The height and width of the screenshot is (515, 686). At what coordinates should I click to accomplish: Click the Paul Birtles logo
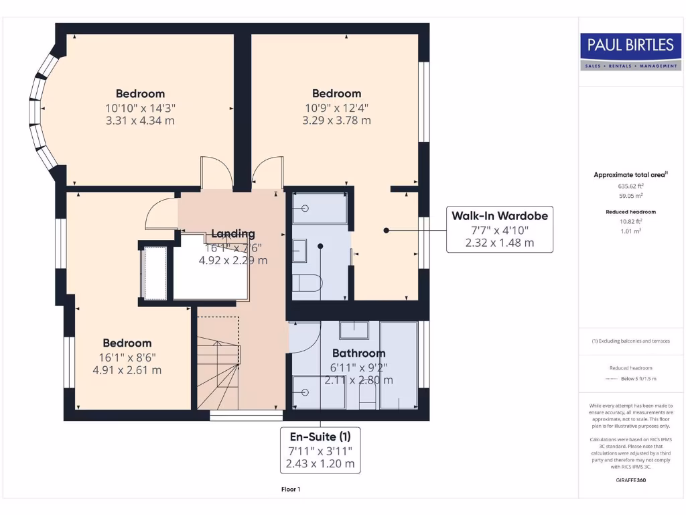click(630, 51)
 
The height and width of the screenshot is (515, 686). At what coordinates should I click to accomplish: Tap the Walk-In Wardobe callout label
click(500, 229)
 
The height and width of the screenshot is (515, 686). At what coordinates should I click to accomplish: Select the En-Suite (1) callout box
click(320, 450)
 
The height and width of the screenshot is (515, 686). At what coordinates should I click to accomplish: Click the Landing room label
click(233, 233)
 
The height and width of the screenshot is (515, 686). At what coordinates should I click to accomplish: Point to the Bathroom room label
click(359, 353)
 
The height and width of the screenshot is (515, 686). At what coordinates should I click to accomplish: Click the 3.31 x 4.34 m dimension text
click(140, 121)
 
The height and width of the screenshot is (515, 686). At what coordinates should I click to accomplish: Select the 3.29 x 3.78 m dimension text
click(336, 121)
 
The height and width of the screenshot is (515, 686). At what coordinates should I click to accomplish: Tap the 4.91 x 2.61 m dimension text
click(127, 370)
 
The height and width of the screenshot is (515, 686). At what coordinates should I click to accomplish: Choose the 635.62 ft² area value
click(630, 186)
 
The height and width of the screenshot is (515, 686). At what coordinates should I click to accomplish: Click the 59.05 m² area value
click(630, 196)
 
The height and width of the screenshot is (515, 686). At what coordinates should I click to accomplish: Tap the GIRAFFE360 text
click(630, 480)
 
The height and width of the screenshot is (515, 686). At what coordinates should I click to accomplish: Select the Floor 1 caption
click(291, 490)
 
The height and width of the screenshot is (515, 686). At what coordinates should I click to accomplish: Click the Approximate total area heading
click(630, 174)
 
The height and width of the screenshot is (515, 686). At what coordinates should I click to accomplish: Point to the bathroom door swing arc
click(303, 337)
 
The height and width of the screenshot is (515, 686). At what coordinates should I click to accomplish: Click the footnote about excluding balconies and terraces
click(630, 341)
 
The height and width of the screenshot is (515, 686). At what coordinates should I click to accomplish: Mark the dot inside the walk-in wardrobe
click(387, 230)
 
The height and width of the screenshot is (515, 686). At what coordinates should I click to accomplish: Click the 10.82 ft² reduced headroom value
click(630, 221)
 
